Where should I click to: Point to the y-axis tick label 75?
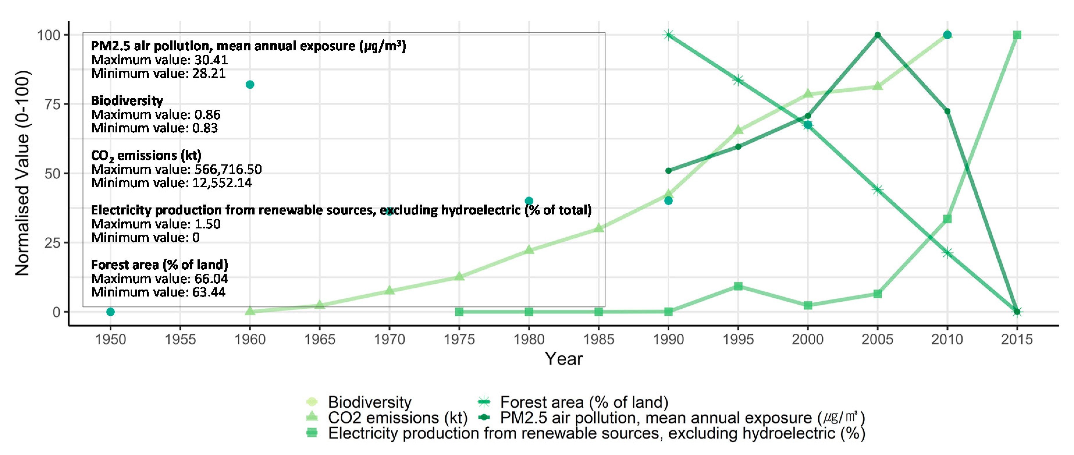click(x=53, y=104)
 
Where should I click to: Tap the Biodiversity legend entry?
click(x=369, y=402)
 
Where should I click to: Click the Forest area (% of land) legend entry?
click(x=584, y=402)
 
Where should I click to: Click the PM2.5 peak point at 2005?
click(x=877, y=35)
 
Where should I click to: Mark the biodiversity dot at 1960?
click(x=250, y=85)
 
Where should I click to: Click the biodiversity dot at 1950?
click(x=111, y=312)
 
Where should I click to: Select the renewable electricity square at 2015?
click(x=1017, y=35)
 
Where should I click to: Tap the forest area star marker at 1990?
click(x=668, y=35)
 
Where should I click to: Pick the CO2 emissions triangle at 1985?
click(x=599, y=228)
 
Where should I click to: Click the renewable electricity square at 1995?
click(x=738, y=286)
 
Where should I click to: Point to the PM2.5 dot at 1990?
click(x=668, y=170)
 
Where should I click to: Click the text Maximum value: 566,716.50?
click(x=176, y=169)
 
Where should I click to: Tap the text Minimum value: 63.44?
click(x=159, y=292)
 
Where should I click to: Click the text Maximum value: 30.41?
click(x=159, y=60)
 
